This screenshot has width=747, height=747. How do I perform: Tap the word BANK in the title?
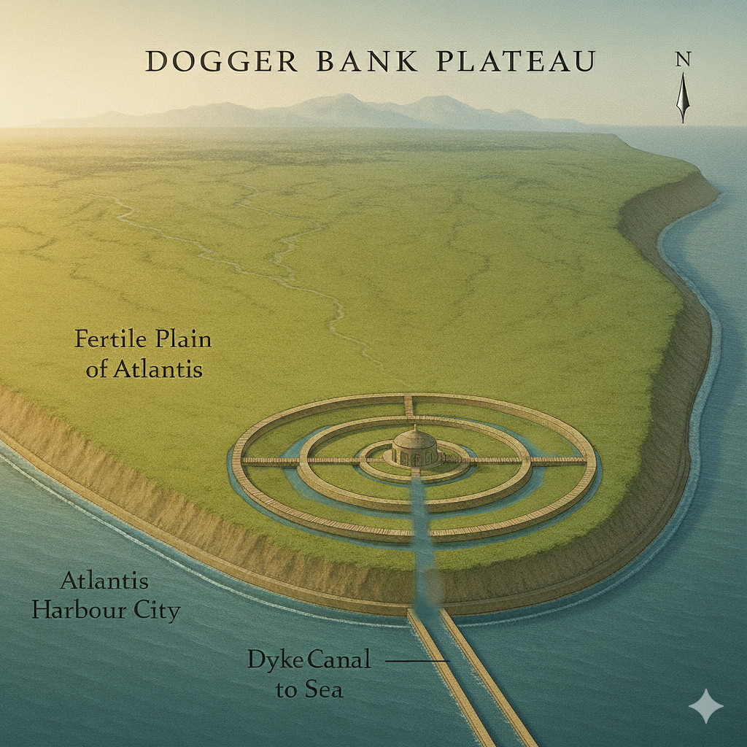tap(368, 61)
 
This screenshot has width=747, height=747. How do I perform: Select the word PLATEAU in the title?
tap(516, 61)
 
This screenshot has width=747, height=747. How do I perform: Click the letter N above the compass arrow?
tap(683, 61)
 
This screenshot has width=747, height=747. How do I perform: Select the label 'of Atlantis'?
tap(144, 369)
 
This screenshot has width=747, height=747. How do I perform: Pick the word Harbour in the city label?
tap(78, 610)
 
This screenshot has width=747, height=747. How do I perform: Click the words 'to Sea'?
tap(309, 689)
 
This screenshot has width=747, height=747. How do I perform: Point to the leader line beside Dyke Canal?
tap(415, 661)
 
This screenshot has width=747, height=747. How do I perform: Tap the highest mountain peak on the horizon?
tap(340, 97)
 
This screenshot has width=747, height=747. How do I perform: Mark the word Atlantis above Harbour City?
tap(105, 581)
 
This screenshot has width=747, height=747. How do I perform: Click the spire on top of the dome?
tap(415, 427)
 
